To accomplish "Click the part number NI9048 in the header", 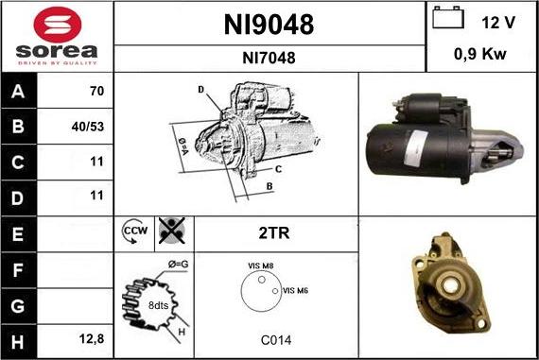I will pos(269,26).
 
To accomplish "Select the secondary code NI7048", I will pos(269,58).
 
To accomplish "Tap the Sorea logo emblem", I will pos(56,23).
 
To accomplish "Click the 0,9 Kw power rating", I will pos(481,54).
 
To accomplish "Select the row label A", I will pos(20,92).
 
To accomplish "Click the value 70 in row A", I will pos(96,92).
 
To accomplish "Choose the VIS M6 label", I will pos(295,290).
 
